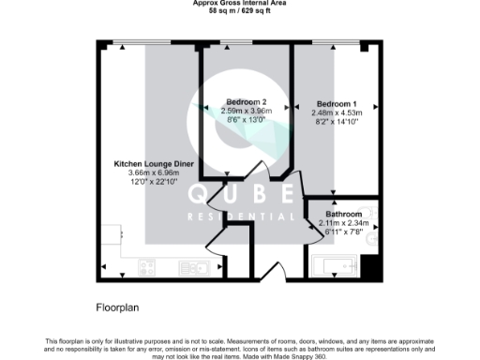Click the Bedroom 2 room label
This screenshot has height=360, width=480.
point(246,101)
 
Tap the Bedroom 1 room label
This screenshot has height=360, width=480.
point(336,101)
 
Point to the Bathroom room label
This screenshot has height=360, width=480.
point(344,213)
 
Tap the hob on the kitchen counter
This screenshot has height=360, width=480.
point(147,267)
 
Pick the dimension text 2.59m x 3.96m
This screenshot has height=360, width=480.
point(246,110)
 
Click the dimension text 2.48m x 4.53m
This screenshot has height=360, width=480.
point(336,111)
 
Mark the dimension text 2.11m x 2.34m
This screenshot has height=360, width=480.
point(344,222)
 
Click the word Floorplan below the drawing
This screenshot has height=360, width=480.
point(118,307)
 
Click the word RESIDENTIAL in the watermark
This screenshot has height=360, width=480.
point(241,215)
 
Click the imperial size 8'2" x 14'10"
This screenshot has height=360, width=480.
point(336,120)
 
